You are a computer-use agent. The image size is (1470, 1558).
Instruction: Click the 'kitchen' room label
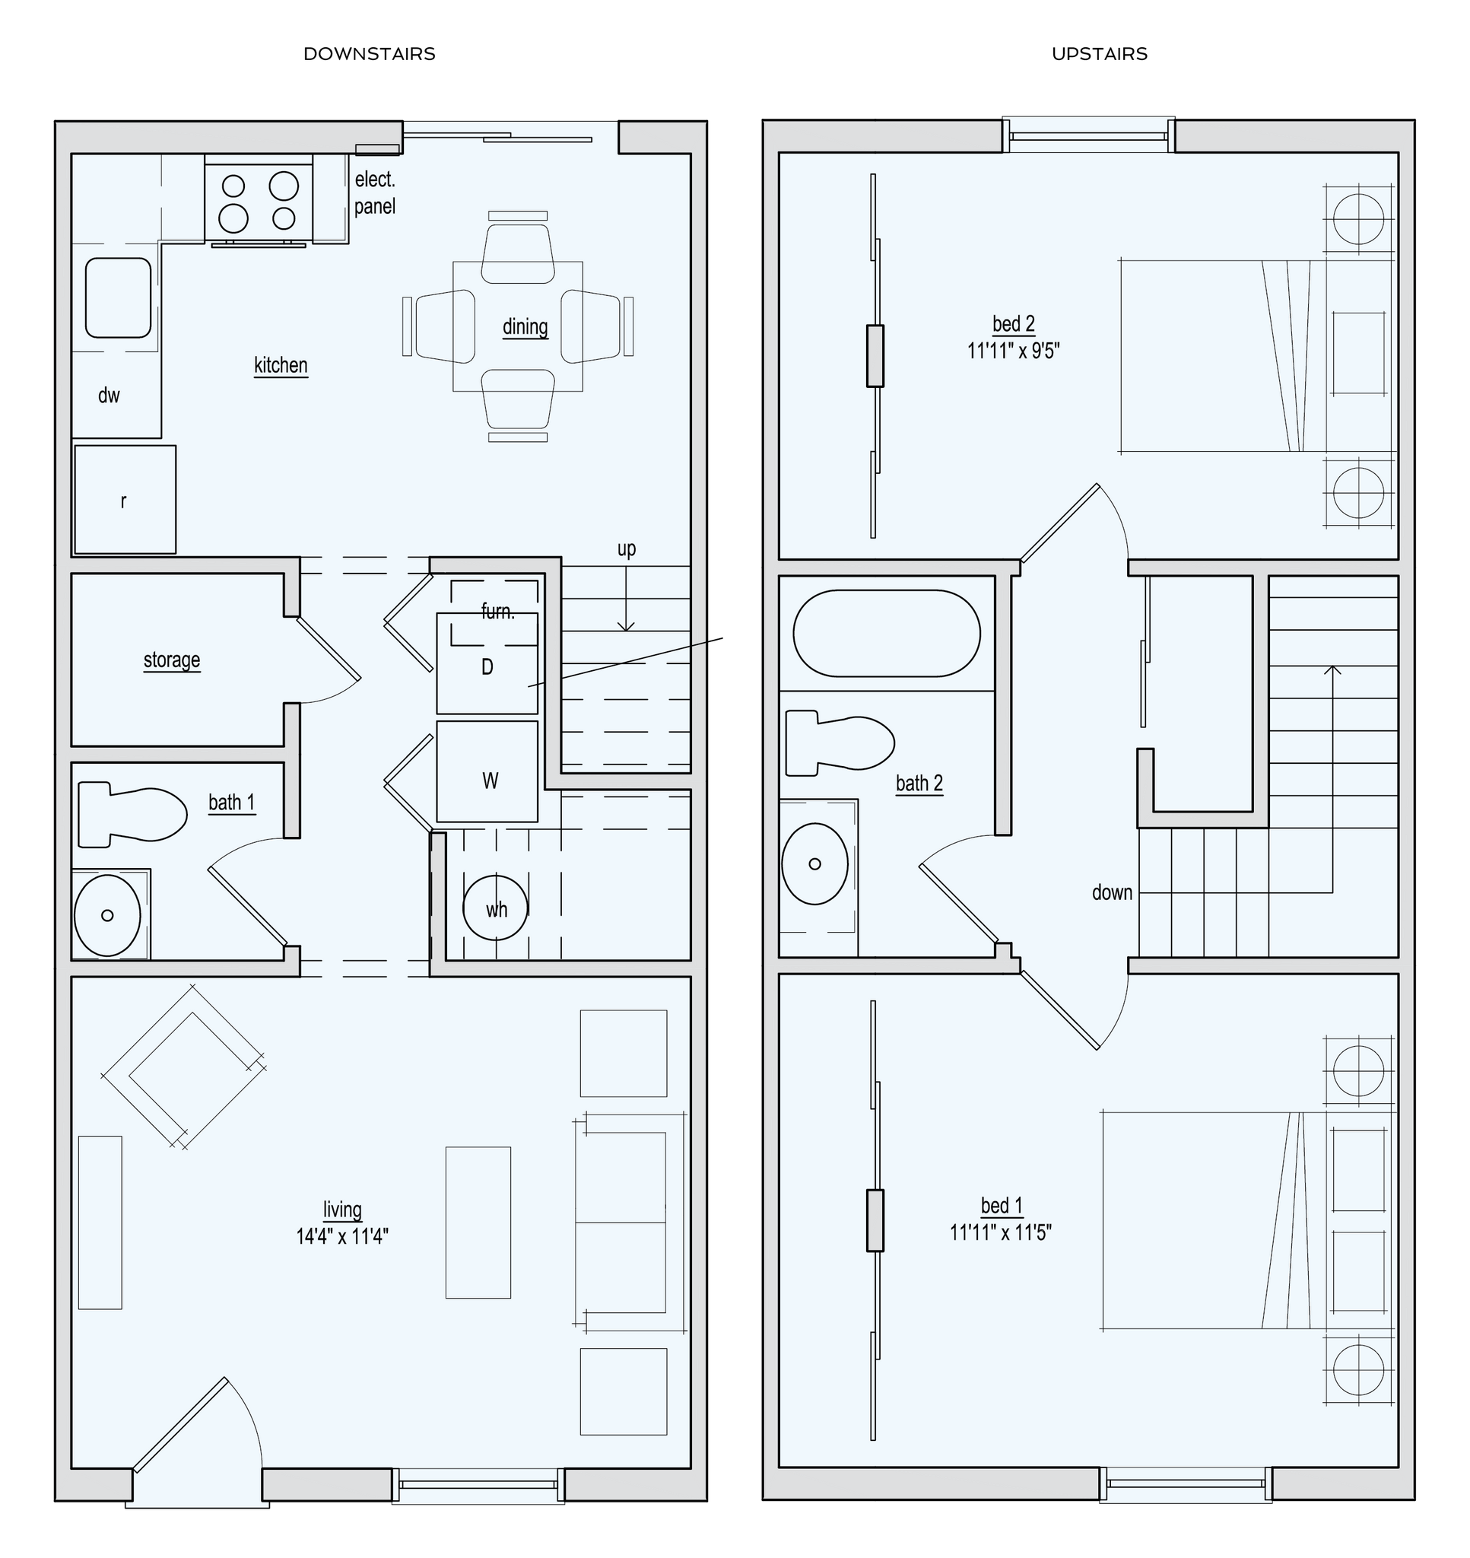click(x=281, y=365)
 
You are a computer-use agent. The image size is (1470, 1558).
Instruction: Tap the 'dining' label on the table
click(x=525, y=326)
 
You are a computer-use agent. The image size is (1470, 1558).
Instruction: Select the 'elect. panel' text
click(x=375, y=192)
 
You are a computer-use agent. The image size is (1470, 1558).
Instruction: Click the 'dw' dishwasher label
click(x=109, y=396)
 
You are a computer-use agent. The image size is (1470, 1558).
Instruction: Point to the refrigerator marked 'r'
click(x=125, y=500)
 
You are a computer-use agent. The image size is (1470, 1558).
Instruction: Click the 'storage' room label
click(x=172, y=660)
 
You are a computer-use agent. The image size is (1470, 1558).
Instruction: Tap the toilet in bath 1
click(x=132, y=813)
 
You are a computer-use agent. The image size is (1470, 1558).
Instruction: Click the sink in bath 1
click(x=108, y=914)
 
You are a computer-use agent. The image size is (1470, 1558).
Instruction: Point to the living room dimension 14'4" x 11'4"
click(x=342, y=1236)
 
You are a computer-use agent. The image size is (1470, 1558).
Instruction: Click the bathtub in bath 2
click(x=886, y=633)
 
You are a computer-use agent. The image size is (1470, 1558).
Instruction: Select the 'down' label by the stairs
click(x=1112, y=892)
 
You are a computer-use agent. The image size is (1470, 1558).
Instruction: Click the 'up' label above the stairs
click(x=626, y=549)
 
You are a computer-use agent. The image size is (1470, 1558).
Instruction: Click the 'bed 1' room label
click(x=1002, y=1204)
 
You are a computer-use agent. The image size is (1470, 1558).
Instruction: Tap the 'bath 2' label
click(x=919, y=783)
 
